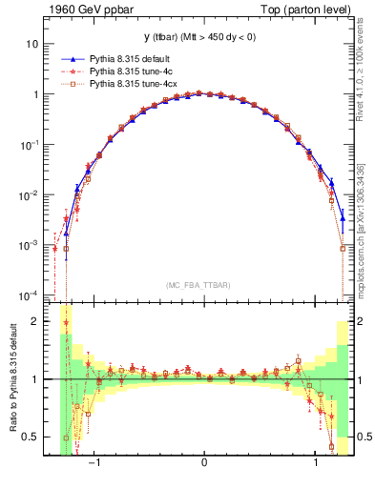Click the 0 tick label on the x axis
point(204,461)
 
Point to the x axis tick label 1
point(313,461)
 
